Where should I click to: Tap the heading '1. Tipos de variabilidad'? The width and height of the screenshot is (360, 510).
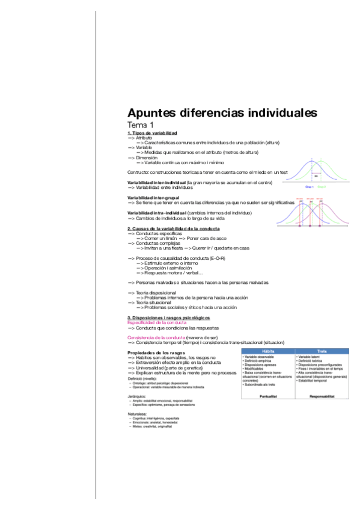[x=152, y=133]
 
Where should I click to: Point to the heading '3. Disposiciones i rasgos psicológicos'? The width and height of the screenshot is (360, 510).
[x=169, y=317]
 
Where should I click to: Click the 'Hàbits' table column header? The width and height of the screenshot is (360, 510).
[x=267, y=351]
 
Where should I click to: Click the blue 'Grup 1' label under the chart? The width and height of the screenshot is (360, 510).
[x=310, y=187]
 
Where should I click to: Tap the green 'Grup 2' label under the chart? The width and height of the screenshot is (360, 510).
[x=322, y=187]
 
